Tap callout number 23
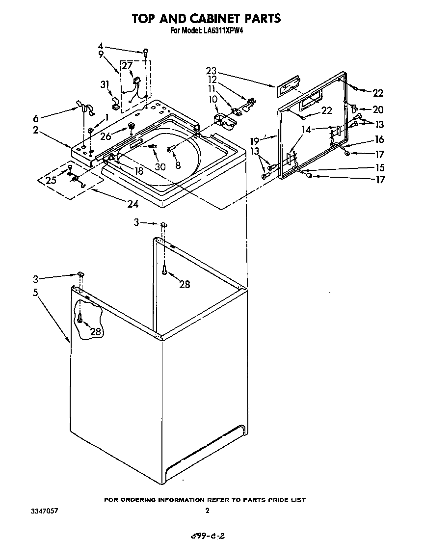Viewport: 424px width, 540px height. tap(211, 71)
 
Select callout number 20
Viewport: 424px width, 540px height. tap(378, 109)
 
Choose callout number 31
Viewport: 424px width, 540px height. tap(105, 84)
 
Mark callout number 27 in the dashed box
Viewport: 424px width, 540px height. tap(127, 66)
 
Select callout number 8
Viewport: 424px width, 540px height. tap(177, 165)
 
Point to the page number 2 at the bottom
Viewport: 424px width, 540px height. tap(208, 511)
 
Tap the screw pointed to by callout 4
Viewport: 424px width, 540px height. tap(146, 51)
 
